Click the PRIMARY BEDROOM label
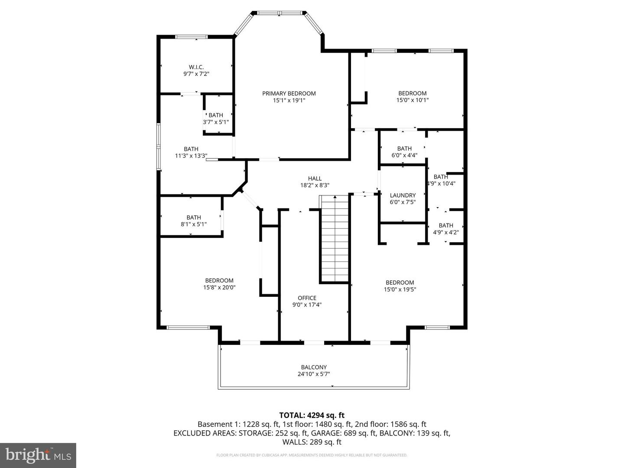pos(289,93)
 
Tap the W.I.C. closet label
pos(196,67)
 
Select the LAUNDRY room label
pos(403,195)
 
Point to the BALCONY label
pos(314,367)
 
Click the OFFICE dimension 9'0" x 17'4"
pos(307,305)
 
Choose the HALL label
pos(315,178)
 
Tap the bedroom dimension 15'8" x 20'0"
pos(219,287)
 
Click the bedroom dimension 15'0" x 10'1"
pos(413,100)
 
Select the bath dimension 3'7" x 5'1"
pos(216,122)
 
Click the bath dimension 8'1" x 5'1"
pos(194,224)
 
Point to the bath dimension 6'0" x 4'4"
pos(404,155)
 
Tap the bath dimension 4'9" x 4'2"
pos(446,232)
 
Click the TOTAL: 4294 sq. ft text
pos(312,415)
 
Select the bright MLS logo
pos(38,455)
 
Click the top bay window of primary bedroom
pos(280,13)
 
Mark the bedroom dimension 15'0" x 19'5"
pos(400,289)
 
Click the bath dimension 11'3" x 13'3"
pos(191,156)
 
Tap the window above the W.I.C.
pos(192,37)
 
